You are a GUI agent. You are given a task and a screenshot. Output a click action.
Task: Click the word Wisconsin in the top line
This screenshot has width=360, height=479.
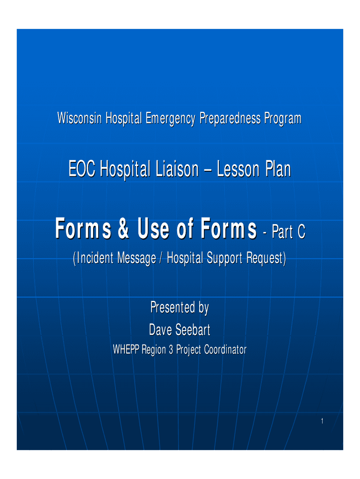[x=79, y=118]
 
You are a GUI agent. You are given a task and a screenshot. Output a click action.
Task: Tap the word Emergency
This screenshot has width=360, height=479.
[x=170, y=119]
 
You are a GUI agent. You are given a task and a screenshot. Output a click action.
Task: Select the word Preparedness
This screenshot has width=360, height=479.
[x=230, y=119]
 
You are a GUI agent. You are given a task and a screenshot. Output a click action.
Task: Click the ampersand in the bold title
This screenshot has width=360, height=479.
[x=124, y=228]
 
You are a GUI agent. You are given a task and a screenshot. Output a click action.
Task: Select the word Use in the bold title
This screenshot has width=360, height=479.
[x=154, y=228]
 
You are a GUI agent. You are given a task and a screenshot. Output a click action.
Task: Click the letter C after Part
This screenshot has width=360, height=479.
[x=301, y=232]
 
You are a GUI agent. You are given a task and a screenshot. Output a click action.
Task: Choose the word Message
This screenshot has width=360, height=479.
[x=137, y=259]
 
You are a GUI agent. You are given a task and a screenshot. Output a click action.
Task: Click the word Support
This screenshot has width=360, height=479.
[x=225, y=259]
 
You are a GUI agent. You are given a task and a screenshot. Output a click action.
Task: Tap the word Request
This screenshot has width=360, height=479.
[x=265, y=259]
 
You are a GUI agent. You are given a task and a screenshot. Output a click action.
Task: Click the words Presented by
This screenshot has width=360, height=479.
[x=180, y=308]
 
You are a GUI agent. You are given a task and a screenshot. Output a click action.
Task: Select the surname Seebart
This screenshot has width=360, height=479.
[x=193, y=330]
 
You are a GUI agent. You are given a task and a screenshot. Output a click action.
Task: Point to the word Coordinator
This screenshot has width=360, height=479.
[x=225, y=349]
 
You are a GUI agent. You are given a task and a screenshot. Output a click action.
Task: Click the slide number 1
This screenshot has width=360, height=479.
[x=322, y=421]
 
